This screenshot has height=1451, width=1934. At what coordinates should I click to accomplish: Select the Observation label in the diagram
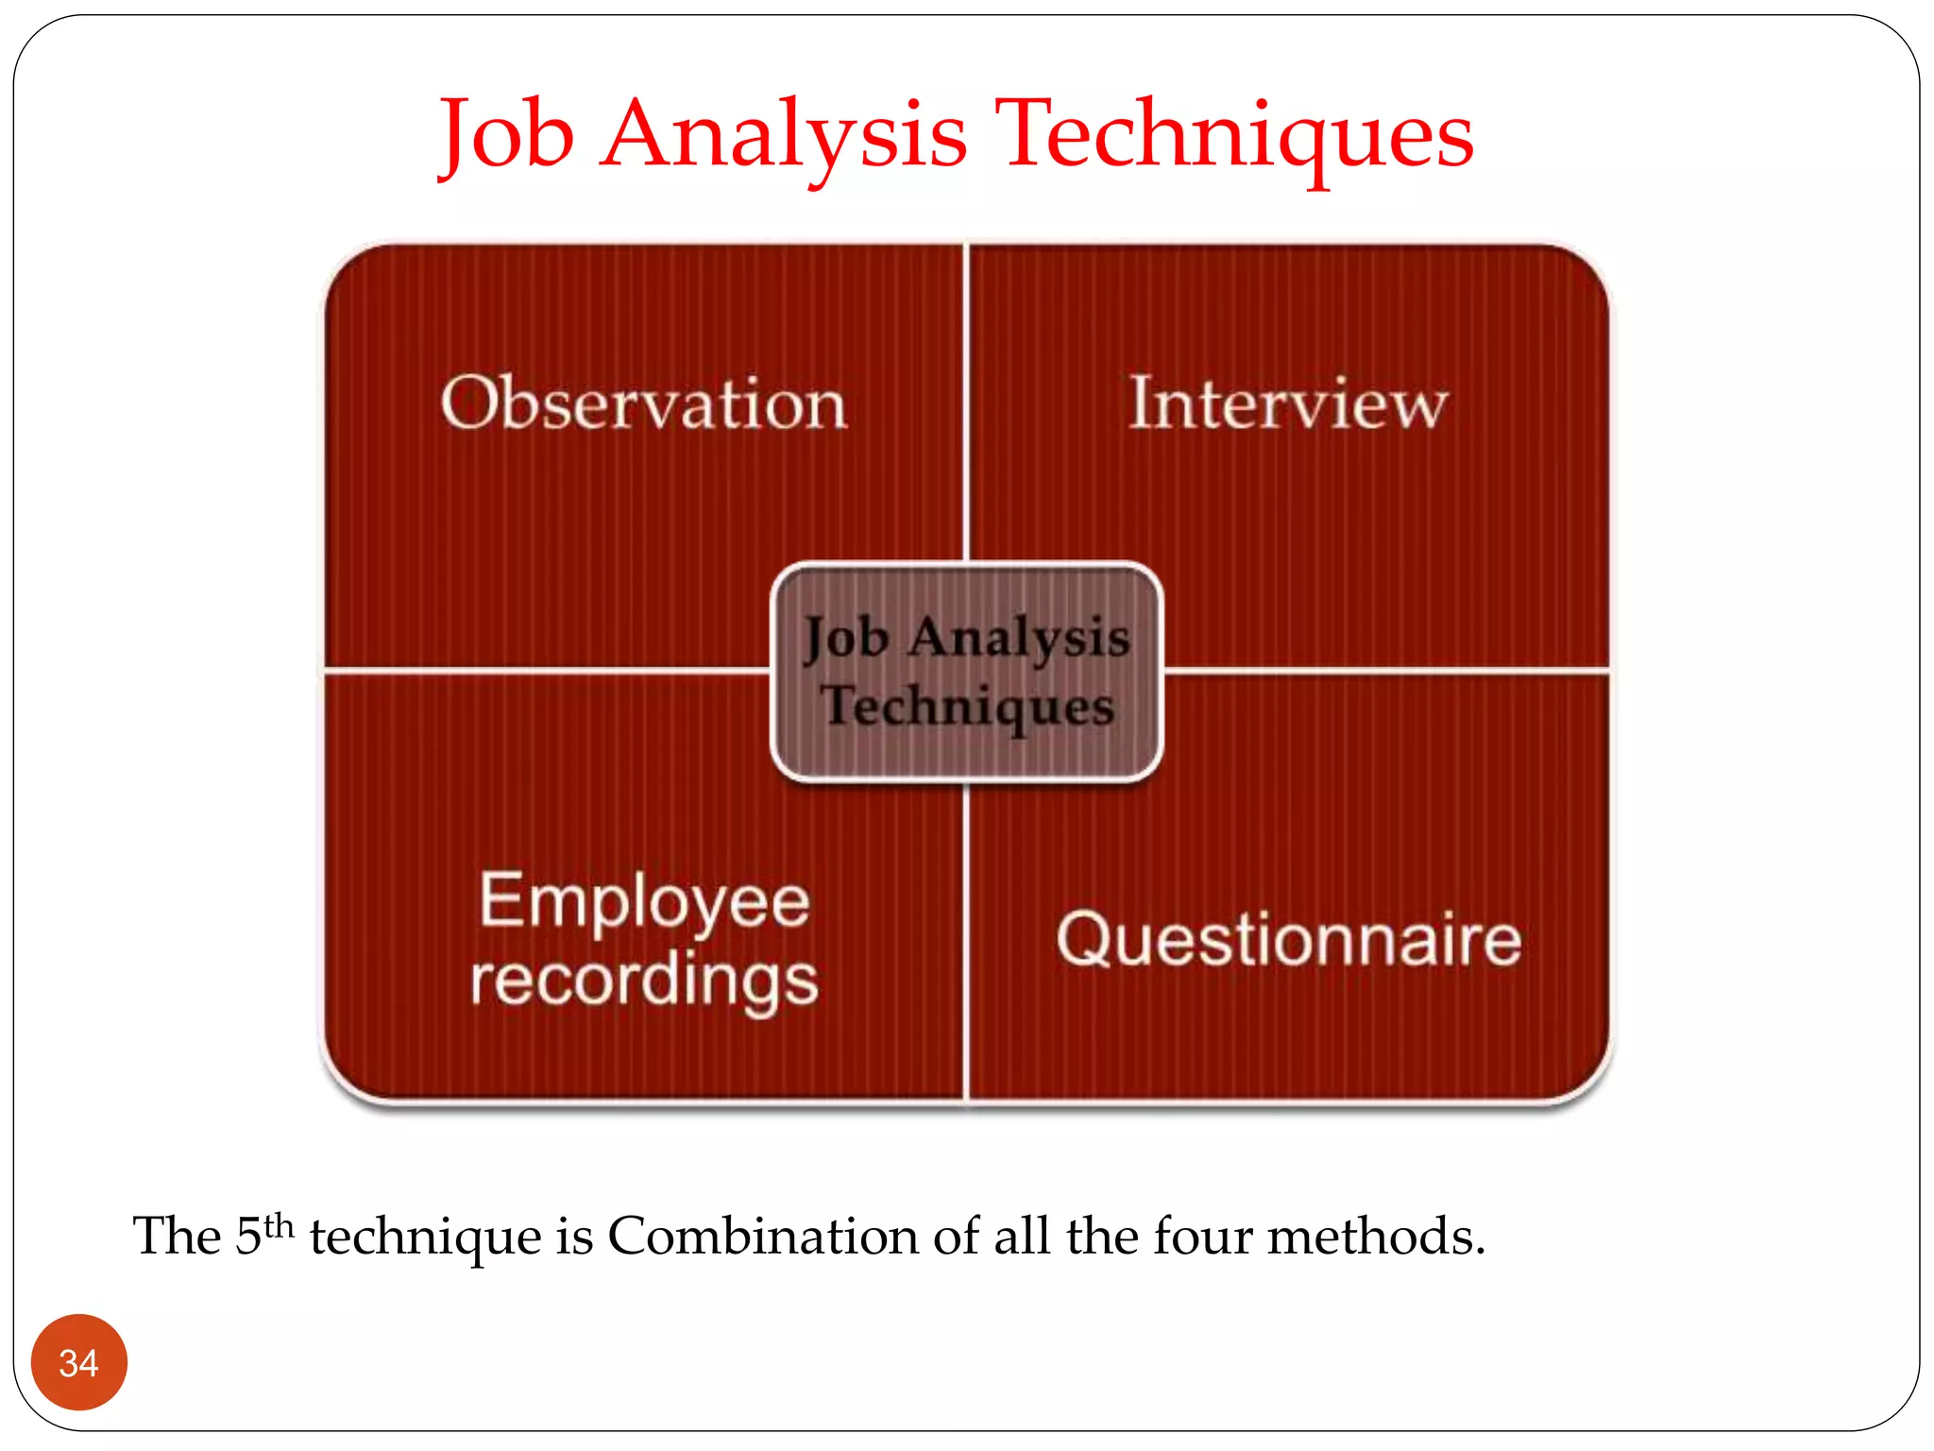643,403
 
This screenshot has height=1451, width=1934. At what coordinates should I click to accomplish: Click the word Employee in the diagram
644,901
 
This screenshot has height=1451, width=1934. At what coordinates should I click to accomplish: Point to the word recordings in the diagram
644,981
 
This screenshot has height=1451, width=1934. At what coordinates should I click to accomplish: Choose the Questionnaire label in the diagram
1288,940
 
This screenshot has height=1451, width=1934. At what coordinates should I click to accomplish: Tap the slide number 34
78,1363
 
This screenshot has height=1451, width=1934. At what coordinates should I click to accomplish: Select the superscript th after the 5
279,1226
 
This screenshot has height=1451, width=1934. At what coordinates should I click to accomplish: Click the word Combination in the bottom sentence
763,1236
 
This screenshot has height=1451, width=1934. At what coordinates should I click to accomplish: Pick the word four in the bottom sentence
1203,1236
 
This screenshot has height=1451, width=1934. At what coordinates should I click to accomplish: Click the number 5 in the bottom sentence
247,1236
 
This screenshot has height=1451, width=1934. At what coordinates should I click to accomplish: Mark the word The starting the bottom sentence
177,1236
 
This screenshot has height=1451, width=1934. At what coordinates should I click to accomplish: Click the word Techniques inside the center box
967,707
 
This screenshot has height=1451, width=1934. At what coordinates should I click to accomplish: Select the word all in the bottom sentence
1022,1236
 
